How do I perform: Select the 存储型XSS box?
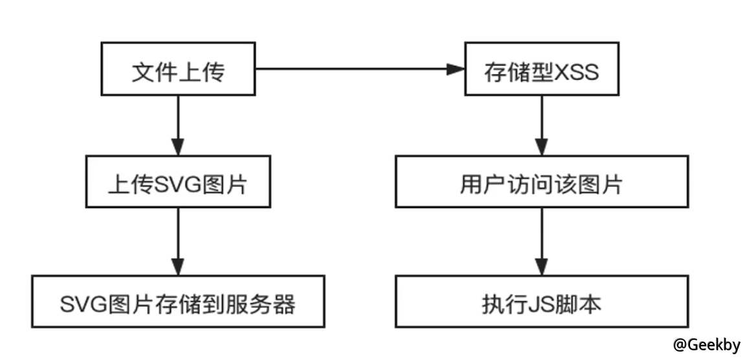tap(542, 73)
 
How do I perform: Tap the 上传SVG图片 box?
tap(178, 184)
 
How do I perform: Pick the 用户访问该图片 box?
tap(541, 184)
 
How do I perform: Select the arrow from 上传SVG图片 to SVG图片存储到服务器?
tap(178, 240)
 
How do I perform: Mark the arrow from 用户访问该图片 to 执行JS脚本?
tap(542, 240)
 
